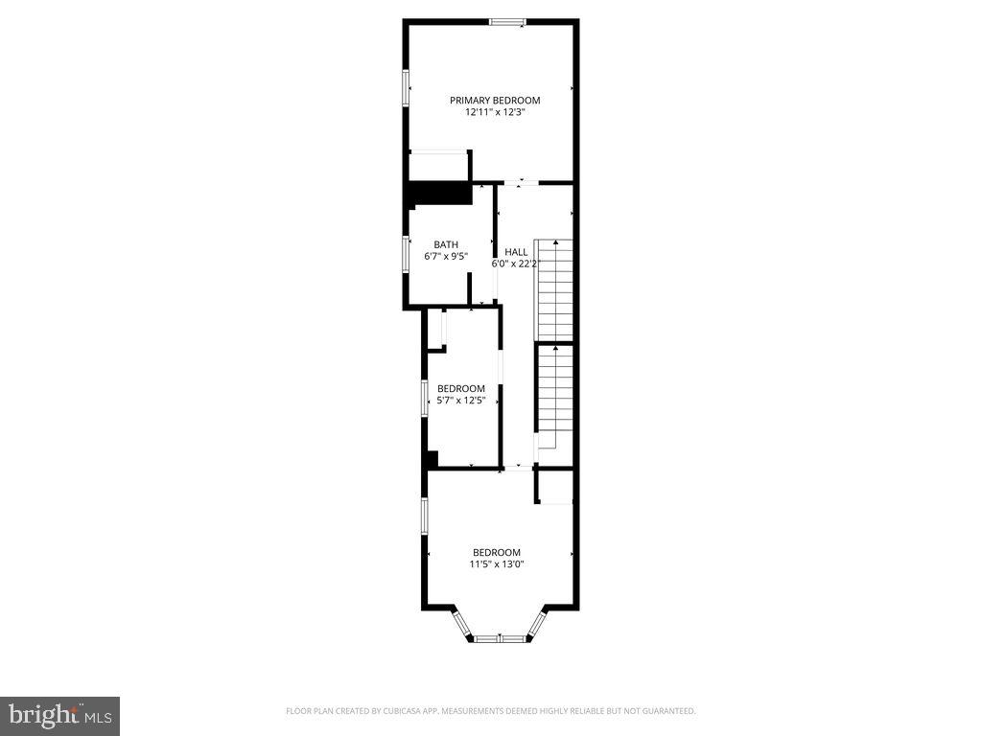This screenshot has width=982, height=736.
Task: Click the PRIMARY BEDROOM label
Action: (495, 100)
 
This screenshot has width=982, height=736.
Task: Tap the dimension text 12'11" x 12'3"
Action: (495, 112)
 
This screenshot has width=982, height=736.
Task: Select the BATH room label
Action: (446, 244)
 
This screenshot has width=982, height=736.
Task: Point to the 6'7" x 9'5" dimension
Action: (446, 257)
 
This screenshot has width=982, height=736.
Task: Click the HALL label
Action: (516, 252)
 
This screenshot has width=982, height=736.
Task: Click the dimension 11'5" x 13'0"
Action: (496, 564)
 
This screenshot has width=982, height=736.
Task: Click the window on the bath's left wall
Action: (406, 255)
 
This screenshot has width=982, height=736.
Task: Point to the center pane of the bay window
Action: (500, 638)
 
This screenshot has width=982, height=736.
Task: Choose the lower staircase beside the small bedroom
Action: (554, 395)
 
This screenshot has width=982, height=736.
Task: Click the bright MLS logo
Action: (59, 715)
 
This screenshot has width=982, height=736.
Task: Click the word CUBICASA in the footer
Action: (388, 711)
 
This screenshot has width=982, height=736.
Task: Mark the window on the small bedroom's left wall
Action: (426, 398)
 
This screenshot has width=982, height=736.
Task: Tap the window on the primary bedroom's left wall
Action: (406, 87)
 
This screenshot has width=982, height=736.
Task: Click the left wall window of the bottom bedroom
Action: (425, 515)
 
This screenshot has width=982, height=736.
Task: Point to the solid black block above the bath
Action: (440, 192)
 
